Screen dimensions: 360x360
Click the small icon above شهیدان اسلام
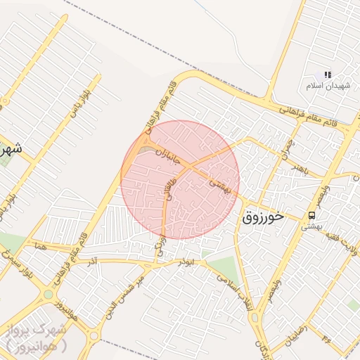327,75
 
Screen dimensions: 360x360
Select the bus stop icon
311,214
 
